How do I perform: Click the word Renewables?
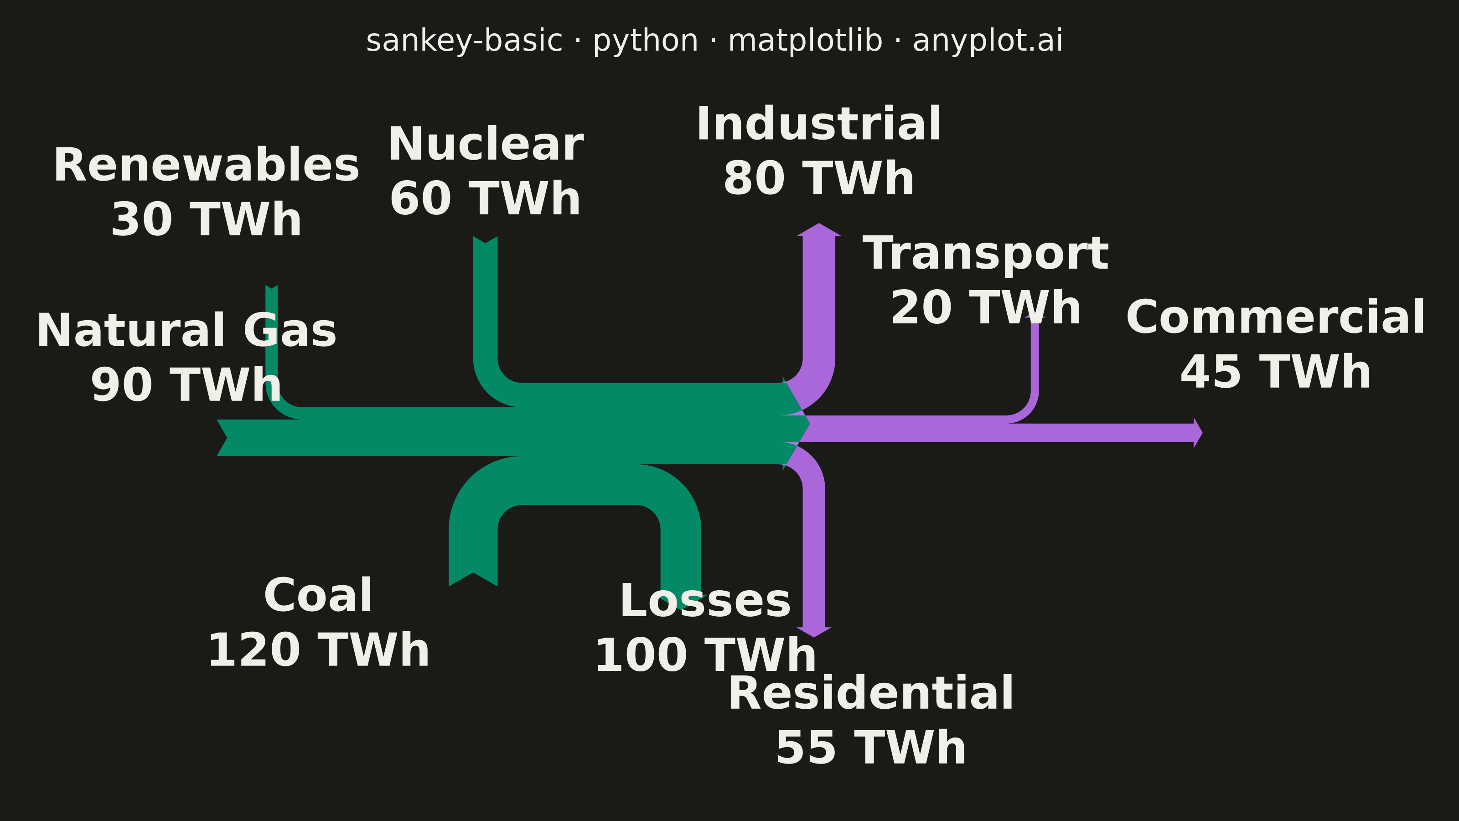click(206, 166)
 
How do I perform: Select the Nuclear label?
click(486, 145)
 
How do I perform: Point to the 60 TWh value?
click(486, 199)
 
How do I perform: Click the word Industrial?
click(818, 124)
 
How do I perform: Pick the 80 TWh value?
click(818, 178)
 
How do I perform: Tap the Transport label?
click(985, 254)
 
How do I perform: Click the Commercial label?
click(1276, 318)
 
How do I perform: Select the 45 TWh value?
click(1276, 372)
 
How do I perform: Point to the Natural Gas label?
click(186, 331)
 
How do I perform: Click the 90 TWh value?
click(186, 385)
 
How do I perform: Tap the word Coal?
click(318, 596)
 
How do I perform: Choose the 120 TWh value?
click(318, 650)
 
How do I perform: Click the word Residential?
click(870, 693)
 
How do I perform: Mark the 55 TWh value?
click(870, 748)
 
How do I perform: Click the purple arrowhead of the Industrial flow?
click(819, 229)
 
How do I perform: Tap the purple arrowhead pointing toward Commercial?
click(1198, 433)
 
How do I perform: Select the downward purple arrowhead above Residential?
click(814, 632)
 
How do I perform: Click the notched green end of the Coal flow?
click(473, 578)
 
